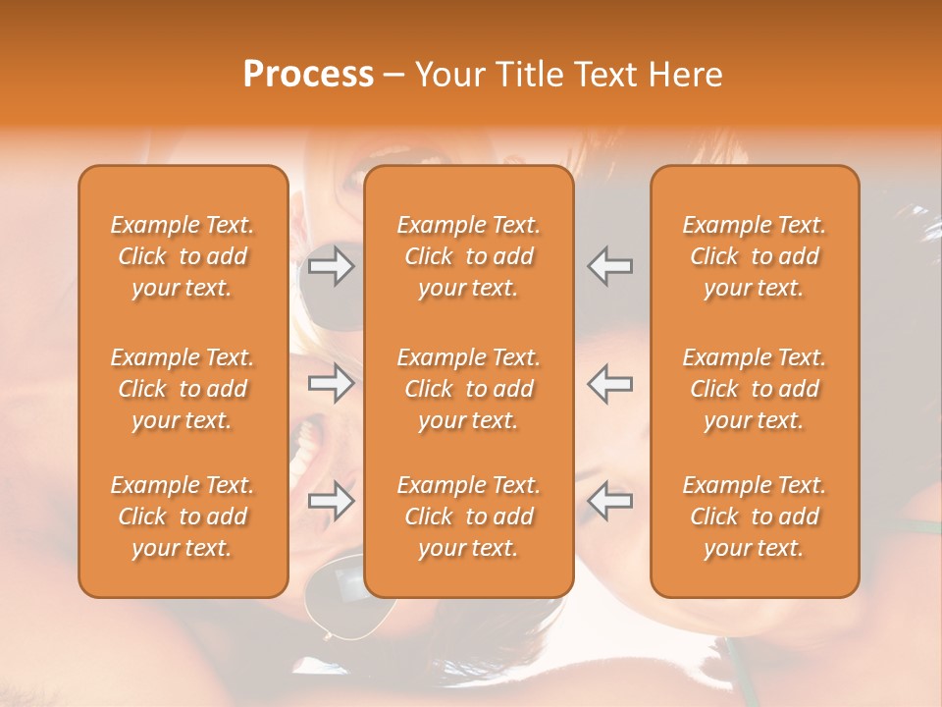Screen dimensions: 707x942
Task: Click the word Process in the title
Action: [x=308, y=75]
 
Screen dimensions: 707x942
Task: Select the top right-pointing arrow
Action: [x=331, y=266]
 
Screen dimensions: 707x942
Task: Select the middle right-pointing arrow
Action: [x=331, y=384]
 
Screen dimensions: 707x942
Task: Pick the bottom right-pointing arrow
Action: [x=331, y=502]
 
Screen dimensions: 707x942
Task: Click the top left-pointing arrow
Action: [x=609, y=266]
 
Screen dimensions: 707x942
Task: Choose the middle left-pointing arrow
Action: [x=609, y=384]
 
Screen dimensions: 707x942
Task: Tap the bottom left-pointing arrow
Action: [x=609, y=502]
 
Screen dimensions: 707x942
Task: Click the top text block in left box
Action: [x=183, y=256]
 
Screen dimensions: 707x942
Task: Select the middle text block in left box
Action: [x=183, y=389]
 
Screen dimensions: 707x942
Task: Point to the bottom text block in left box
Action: [x=183, y=517]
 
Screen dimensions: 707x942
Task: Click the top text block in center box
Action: [x=468, y=256]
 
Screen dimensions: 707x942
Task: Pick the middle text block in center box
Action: [x=468, y=389]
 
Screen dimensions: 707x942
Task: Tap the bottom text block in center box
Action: [x=468, y=517]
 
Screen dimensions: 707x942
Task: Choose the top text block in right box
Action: [x=754, y=256]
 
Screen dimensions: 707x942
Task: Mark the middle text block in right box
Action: [x=754, y=389]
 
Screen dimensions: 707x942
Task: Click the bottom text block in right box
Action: [x=754, y=517]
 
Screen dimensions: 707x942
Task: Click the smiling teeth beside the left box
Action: [x=308, y=447]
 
